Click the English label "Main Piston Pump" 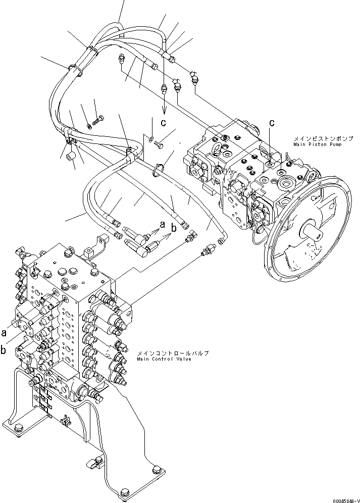pyautogui.click(x=317, y=144)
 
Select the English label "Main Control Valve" pyautogui.click(x=164, y=359)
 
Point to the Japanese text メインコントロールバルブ pyautogui.click(x=172, y=353)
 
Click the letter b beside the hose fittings pyautogui.click(x=174, y=228)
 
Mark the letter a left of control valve pyautogui.click(x=5, y=333)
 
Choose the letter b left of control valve pyautogui.click(x=5, y=349)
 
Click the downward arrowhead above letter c pyautogui.click(x=164, y=112)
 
